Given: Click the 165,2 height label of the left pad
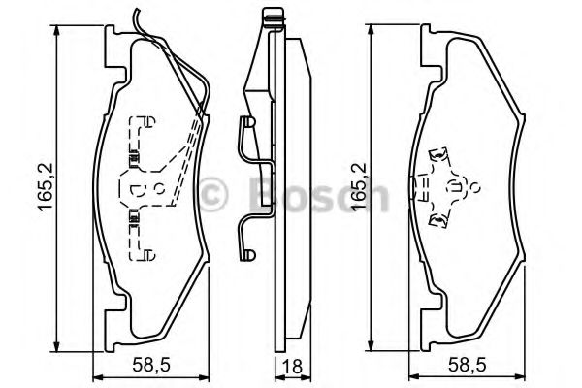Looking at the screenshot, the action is click(46, 187).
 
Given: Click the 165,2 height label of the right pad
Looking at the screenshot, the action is click(360, 187).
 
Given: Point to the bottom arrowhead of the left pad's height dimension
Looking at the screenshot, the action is click(57, 345).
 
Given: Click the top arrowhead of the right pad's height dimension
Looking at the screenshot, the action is click(371, 30).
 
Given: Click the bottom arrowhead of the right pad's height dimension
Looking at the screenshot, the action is click(371, 344).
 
